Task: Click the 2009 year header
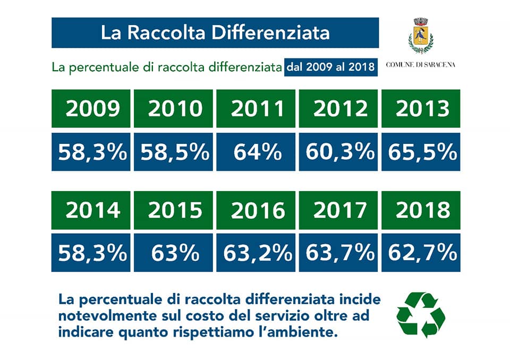coord(91,108)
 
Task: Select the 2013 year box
coord(421,108)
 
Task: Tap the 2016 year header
coord(256,210)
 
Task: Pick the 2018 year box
coord(421,210)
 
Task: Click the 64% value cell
coord(256,151)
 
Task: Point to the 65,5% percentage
coord(421,151)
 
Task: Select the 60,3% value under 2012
coord(338,151)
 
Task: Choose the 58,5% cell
coord(173,151)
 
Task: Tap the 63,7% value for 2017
coord(338,253)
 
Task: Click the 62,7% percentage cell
coord(421,253)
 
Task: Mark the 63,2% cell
coord(256,253)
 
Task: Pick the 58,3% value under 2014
coord(91,253)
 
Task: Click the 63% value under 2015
coord(173,253)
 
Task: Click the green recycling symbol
coord(421,315)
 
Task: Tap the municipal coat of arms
coord(421,36)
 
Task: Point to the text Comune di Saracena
coord(421,65)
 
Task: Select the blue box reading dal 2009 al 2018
coord(331,67)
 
